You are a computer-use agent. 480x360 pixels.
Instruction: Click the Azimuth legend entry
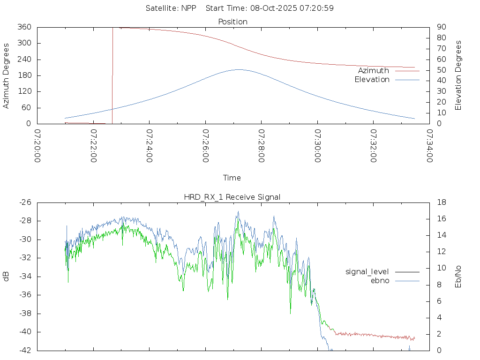tap(374, 71)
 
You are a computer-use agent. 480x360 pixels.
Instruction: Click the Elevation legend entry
tap(372, 80)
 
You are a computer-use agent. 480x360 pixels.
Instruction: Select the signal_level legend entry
tap(367, 271)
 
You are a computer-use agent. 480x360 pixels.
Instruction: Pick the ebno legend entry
tap(380, 280)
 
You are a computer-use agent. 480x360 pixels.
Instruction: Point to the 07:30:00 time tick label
tap(318, 146)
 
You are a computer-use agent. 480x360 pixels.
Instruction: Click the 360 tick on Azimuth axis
tap(24, 27)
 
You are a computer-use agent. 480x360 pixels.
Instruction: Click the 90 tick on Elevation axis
tap(441, 27)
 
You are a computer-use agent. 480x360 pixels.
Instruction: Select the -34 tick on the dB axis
tap(23, 277)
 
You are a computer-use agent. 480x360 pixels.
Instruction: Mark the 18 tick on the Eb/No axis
tap(441, 202)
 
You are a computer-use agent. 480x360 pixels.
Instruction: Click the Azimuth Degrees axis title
tap(7, 76)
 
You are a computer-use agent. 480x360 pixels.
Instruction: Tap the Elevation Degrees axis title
tap(458, 75)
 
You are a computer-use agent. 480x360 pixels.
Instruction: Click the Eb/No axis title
tap(458, 277)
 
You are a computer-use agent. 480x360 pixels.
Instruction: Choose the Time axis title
tap(232, 178)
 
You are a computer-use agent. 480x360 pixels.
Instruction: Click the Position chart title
tap(233, 22)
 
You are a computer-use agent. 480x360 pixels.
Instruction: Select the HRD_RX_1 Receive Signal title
tap(232, 197)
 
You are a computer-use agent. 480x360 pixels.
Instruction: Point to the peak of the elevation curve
tap(238, 69)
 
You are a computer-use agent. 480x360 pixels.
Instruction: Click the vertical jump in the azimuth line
tap(112, 75)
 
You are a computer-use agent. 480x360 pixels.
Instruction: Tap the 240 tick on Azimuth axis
tap(24, 60)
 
